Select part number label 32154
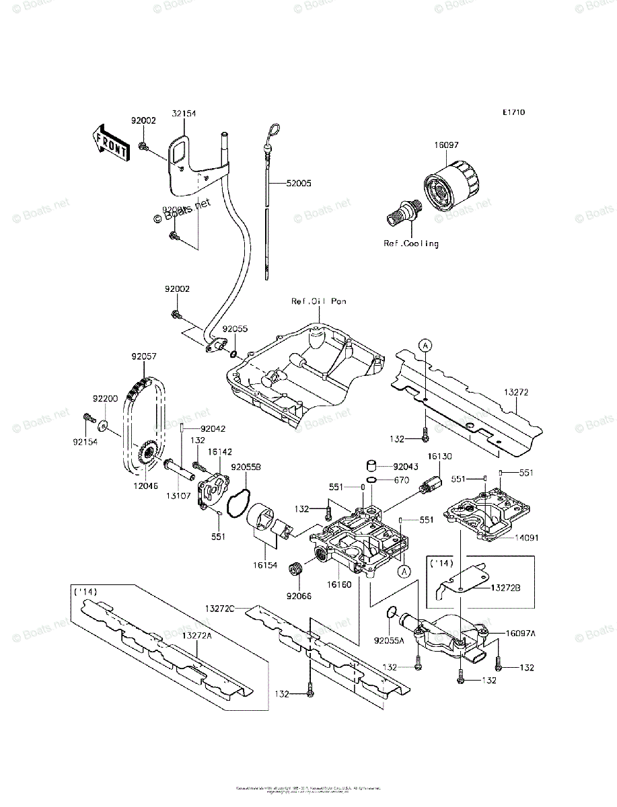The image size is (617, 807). [x=184, y=114]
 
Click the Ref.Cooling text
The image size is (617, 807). [x=411, y=243]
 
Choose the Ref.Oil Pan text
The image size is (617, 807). [x=318, y=302]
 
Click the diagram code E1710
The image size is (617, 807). [x=512, y=112]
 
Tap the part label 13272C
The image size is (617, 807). [x=220, y=607]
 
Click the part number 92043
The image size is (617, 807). [x=406, y=465]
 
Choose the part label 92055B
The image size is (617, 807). [x=246, y=466]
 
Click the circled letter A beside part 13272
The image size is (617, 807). [x=425, y=345]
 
